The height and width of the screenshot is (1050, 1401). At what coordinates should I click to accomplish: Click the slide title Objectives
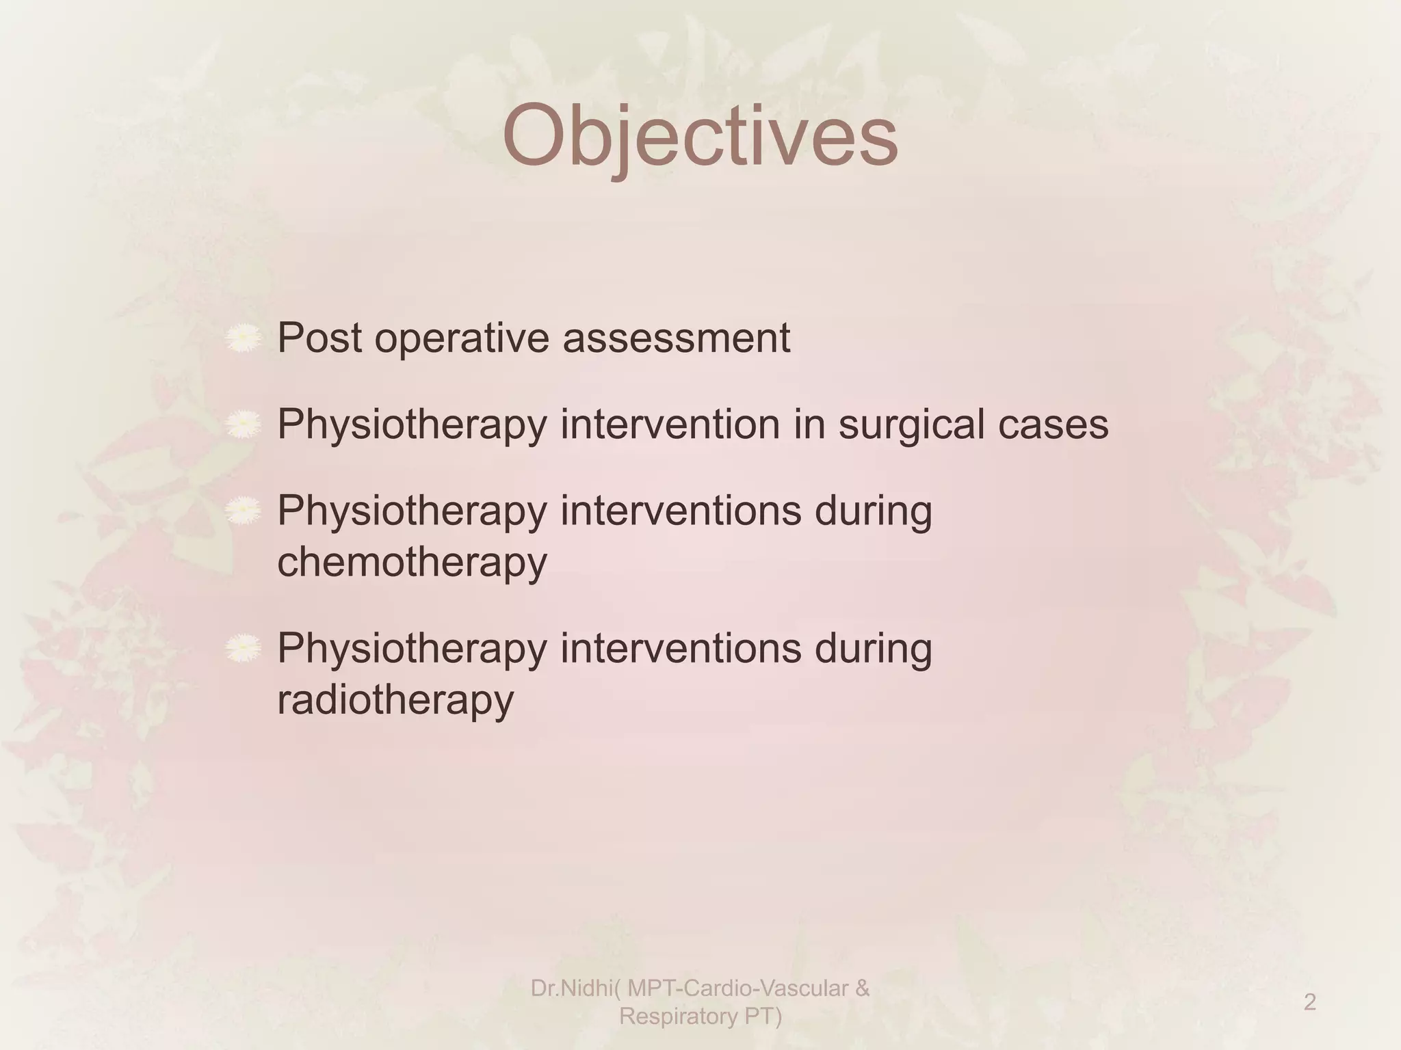coord(700,137)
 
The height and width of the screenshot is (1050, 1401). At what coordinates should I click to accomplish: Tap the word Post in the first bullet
coord(319,338)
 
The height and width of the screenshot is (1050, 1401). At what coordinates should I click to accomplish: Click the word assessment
coord(676,338)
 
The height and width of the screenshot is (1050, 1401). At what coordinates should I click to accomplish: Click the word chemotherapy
coord(412,563)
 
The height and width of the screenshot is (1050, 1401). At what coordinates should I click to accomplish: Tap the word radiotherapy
coord(395,701)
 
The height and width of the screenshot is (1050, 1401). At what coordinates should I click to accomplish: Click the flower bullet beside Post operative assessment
coord(244,339)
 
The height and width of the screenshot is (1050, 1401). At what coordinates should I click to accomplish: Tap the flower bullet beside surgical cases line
coord(244,425)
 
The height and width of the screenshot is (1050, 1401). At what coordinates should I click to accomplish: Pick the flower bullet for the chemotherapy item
coord(244,511)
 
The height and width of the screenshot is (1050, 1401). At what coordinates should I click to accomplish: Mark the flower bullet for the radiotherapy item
coord(244,649)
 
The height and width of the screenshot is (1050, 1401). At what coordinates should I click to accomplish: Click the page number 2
coord(1309,1002)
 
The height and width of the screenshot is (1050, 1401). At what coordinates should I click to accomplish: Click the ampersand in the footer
coord(862,988)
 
